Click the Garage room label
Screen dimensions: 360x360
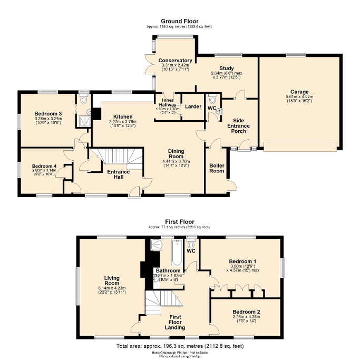click(298, 92)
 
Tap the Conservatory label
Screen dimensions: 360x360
click(175, 61)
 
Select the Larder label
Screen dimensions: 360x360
click(193, 106)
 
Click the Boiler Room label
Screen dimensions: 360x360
click(217, 168)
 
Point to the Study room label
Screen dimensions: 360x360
click(226, 68)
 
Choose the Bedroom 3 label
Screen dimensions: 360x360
click(48, 113)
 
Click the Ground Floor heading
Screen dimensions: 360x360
click(180, 21)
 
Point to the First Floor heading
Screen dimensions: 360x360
click(179, 222)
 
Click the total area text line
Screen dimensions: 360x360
click(180, 346)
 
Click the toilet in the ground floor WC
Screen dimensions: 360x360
click(211, 100)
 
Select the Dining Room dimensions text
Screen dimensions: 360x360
click(176, 164)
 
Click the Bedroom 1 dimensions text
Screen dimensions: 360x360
click(243, 269)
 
